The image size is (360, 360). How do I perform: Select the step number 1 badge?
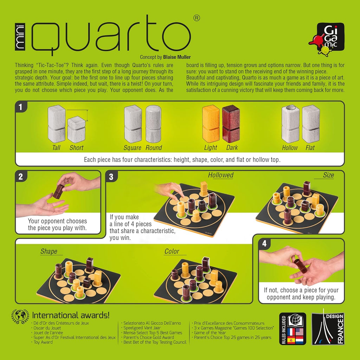click(x=21, y=107)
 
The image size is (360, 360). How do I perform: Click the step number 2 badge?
click(x=21, y=177)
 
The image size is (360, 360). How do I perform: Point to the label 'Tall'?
click(x=56, y=148)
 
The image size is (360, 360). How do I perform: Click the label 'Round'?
click(x=154, y=148)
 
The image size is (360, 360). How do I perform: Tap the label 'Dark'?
click(x=232, y=148)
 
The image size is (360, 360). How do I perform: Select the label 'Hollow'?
click(x=290, y=148)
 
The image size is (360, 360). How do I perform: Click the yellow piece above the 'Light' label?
click(x=211, y=124)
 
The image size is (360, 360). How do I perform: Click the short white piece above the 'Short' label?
click(x=76, y=130)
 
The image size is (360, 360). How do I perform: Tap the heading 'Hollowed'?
click(x=220, y=175)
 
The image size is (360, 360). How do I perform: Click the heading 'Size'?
click(x=328, y=175)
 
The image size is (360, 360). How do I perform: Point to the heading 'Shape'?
click(x=49, y=251)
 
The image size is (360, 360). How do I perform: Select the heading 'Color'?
click(x=172, y=251)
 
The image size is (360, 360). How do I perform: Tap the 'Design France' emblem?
click(x=328, y=329)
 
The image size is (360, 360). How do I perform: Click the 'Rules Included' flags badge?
click(x=292, y=329)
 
